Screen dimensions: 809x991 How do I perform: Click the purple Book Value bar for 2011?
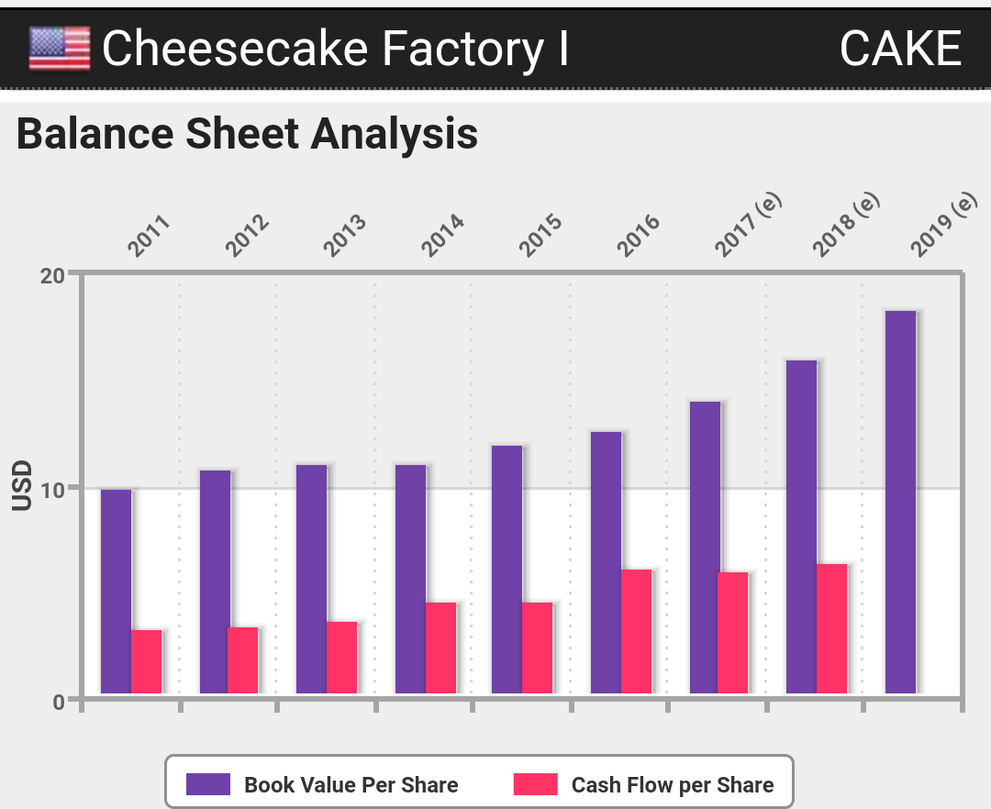116,592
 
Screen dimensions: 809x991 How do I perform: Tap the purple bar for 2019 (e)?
900,502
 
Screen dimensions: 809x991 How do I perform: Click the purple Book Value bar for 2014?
410,579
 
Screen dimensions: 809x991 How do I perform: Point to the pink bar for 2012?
243,660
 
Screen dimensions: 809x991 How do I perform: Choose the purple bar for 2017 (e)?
705,548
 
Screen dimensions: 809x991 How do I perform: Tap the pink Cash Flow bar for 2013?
341,658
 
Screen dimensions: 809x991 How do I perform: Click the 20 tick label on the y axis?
52,275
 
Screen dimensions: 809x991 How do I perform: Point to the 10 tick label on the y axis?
52,488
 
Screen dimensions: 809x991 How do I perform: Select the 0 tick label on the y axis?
59,702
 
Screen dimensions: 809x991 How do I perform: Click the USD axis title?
22,486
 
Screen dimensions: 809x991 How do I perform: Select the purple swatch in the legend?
207,784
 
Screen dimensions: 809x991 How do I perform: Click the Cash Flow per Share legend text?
672,785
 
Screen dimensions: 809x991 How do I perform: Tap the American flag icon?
60,48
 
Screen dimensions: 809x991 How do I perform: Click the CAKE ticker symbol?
899,49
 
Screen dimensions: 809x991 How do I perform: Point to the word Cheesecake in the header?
239,49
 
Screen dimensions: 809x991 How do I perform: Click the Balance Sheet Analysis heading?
247,134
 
